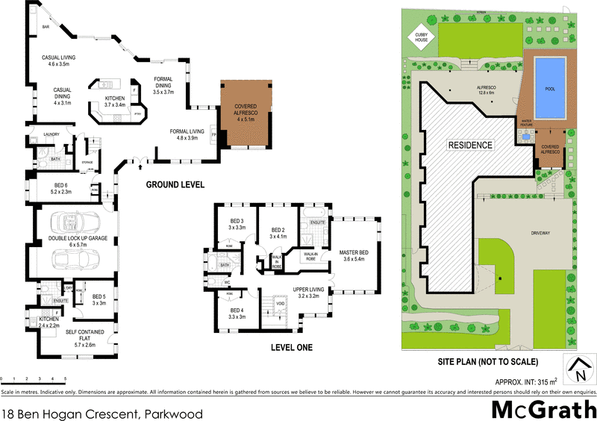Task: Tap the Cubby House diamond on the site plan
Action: click(417, 38)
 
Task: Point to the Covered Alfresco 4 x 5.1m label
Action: click(246, 113)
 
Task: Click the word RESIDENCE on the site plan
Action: click(470, 145)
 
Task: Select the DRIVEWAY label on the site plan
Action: click(541, 234)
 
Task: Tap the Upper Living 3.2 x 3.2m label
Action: click(307, 292)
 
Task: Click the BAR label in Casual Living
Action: click(46, 27)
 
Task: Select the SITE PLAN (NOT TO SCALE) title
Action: click(487, 362)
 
